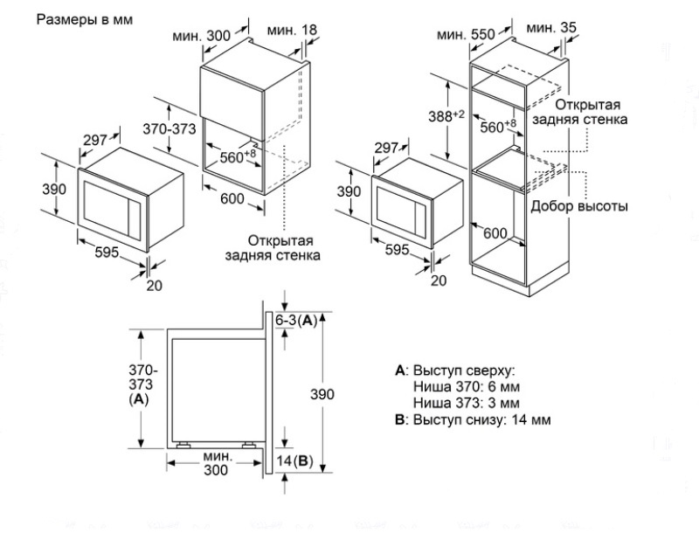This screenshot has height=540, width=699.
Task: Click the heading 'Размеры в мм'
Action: point(84,18)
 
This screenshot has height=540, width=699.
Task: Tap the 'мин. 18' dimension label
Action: point(292,31)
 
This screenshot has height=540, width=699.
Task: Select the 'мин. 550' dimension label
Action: point(467,34)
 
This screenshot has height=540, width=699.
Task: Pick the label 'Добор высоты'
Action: point(579,207)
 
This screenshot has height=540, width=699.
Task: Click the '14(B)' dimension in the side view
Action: point(294,460)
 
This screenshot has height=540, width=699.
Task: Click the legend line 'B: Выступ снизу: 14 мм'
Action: point(473,419)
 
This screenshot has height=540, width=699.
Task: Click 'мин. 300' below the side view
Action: point(216,463)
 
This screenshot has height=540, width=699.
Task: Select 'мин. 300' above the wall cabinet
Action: point(207,36)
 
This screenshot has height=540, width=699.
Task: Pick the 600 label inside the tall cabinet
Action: point(495,233)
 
